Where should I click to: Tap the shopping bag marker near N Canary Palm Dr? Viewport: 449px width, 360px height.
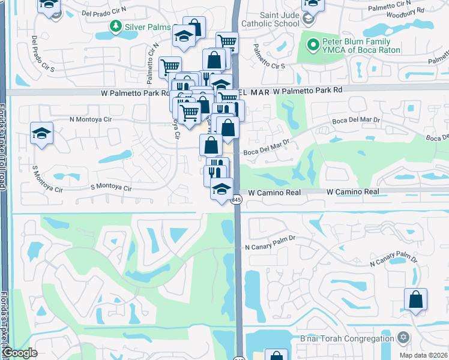point(415,299)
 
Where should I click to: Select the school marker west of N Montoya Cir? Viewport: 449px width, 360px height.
point(42,133)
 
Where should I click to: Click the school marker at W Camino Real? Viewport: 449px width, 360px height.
point(222,188)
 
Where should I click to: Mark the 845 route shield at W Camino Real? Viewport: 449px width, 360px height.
point(237,200)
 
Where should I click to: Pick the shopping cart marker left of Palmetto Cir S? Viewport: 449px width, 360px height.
point(170,67)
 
